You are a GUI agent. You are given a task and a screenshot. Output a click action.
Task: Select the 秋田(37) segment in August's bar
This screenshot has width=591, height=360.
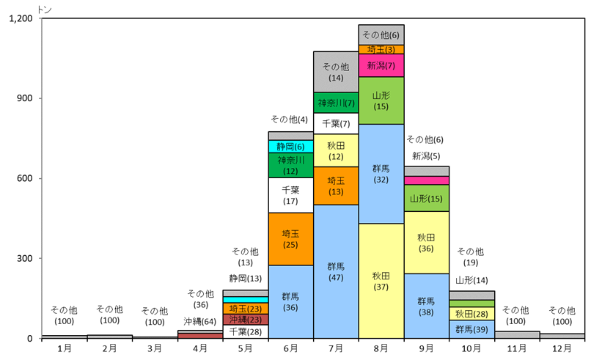point(381,281)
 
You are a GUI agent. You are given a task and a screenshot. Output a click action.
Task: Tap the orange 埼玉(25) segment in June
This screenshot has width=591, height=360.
point(290,239)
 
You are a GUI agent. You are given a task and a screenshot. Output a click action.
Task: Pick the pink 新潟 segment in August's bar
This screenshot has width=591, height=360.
point(381,65)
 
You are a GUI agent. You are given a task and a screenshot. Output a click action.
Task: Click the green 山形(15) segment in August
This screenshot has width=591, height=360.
point(381,100)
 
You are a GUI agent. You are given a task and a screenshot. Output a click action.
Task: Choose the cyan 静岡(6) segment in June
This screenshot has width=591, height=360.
point(290,147)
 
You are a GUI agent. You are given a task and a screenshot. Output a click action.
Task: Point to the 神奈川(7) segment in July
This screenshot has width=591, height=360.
point(336,103)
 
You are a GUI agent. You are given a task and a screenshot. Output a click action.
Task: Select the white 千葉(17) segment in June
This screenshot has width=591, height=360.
point(290,195)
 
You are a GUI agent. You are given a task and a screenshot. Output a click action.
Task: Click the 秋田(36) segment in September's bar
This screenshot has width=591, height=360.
point(427,243)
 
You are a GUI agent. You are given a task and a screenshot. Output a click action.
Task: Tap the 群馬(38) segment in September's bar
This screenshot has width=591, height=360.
point(427,306)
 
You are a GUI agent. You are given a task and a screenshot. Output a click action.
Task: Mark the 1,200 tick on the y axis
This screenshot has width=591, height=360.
point(21,18)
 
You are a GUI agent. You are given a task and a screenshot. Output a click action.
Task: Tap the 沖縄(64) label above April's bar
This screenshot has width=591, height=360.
point(200,322)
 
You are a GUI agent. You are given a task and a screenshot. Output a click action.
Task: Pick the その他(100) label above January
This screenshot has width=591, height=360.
point(64,315)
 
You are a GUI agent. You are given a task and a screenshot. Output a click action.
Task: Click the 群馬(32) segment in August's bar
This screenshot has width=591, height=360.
point(381,174)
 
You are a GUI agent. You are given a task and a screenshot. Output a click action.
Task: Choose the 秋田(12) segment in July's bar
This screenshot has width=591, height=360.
point(336,150)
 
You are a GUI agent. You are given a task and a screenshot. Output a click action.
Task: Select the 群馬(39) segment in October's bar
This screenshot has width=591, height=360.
point(472,329)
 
